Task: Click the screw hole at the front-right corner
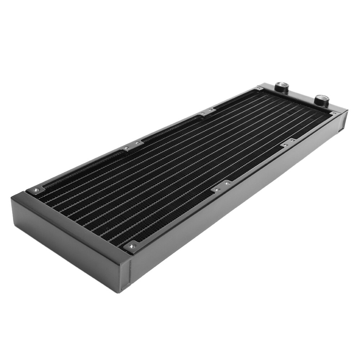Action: (132, 246)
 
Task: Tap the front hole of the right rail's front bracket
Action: (217, 188)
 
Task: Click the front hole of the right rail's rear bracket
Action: (285, 145)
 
